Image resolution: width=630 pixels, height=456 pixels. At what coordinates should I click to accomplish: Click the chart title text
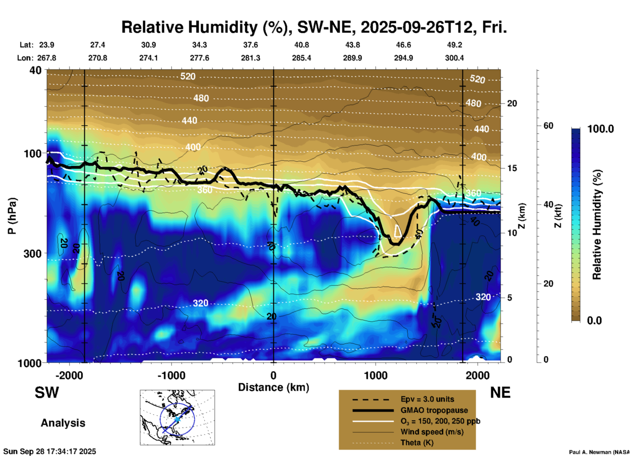314,27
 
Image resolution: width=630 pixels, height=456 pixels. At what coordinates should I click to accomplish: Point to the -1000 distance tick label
171,376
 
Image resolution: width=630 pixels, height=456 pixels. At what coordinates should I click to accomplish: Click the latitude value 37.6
251,45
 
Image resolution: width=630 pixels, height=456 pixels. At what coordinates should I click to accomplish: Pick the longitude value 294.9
403,58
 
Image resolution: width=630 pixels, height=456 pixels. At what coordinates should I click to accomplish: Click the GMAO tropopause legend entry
434,410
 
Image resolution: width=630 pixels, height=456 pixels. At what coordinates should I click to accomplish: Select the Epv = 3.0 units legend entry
427,399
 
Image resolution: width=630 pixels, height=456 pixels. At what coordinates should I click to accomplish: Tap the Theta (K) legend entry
417,443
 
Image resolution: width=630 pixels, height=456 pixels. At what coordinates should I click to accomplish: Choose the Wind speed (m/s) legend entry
432,432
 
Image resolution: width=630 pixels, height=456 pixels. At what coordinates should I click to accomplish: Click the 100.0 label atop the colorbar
601,129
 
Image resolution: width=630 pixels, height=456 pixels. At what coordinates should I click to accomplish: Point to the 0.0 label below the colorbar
594,320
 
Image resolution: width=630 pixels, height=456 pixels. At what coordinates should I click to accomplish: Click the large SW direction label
47,393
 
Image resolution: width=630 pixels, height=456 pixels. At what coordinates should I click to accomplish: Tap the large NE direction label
500,393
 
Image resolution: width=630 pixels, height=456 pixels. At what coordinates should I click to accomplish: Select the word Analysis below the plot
63,423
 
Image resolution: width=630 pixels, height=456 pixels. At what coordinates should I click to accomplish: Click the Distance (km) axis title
273,387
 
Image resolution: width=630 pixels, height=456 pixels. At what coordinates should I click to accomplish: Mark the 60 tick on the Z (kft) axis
548,126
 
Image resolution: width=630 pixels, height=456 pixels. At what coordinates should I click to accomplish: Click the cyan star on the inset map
177,419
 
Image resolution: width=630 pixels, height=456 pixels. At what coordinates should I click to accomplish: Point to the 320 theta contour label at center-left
200,303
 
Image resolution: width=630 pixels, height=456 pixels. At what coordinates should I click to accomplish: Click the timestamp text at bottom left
50,451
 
